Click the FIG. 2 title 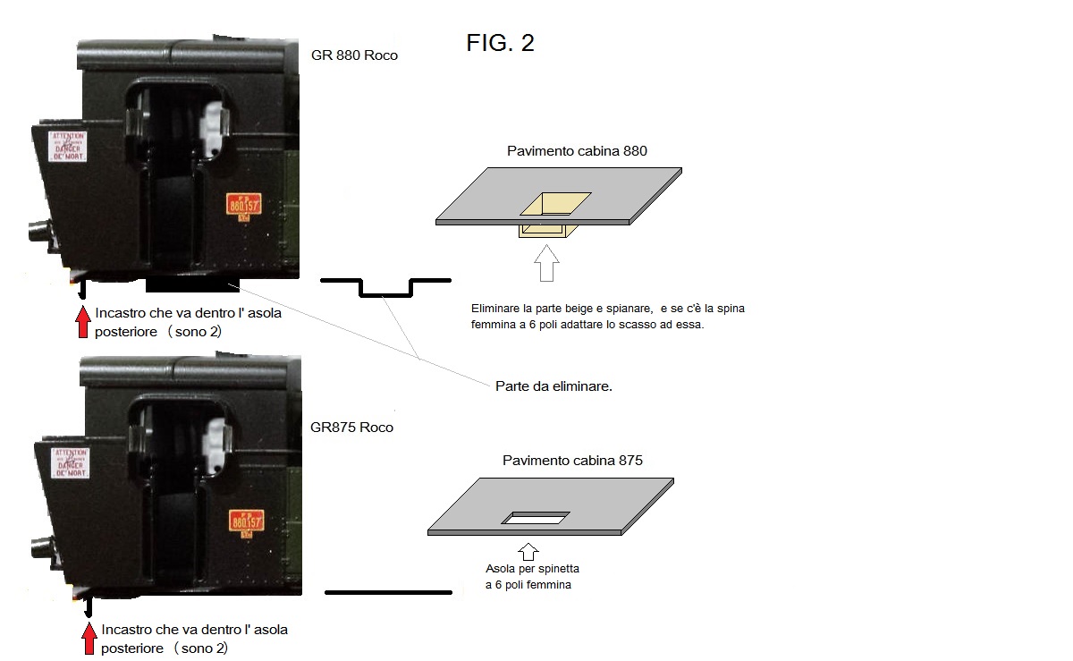[x=500, y=42]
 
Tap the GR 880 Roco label [x=354, y=55]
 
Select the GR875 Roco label [x=351, y=428]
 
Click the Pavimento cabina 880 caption [x=577, y=151]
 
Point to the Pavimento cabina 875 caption [x=572, y=461]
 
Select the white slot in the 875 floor [x=536, y=518]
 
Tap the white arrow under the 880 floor [x=546, y=264]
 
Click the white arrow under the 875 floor [x=528, y=551]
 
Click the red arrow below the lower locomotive [x=89, y=639]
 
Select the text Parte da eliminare [x=553, y=386]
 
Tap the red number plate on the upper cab [x=244, y=206]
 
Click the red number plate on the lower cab [x=246, y=520]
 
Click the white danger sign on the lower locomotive [x=71, y=462]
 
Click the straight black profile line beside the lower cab [x=388, y=592]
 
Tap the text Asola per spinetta [x=527, y=569]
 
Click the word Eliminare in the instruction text [x=496, y=309]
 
